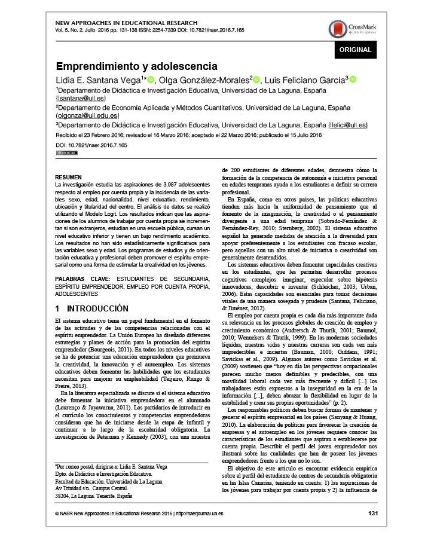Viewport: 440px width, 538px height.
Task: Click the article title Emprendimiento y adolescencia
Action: (x=136, y=66)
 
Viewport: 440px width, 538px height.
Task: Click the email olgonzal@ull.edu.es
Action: (x=87, y=115)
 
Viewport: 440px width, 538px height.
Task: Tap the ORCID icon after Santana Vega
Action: (x=151, y=80)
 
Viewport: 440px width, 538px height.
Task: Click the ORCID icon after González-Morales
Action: (x=256, y=80)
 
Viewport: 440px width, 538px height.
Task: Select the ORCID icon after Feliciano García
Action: (x=353, y=80)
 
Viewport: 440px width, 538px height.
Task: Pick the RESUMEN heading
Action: (x=68, y=178)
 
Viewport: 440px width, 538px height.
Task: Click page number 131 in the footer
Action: (x=374, y=513)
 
